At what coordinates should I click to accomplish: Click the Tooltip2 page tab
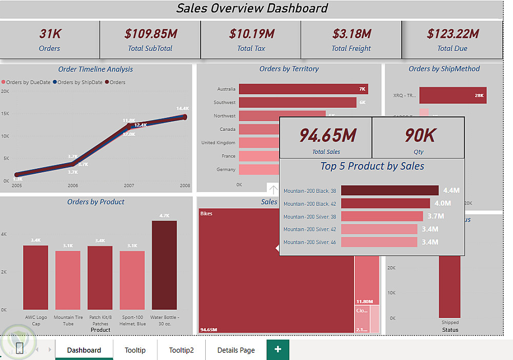[x=181, y=350]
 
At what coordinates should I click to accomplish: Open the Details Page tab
[x=236, y=350]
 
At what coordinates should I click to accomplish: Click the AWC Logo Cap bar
[x=35, y=277]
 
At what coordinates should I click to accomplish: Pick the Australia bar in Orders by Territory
[x=303, y=89]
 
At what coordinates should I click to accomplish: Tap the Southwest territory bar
[x=298, y=103]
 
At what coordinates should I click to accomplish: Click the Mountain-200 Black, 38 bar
[x=389, y=191]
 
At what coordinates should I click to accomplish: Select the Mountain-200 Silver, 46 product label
[x=310, y=242]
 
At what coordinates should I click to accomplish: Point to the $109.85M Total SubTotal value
[x=150, y=34]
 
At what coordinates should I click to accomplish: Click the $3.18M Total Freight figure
[x=351, y=34]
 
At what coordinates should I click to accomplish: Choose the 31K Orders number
[x=50, y=34]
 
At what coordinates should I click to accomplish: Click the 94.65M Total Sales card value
[x=327, y=135]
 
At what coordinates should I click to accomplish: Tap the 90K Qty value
[x=420, y=135]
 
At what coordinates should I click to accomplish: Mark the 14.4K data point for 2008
[x=185, y=117]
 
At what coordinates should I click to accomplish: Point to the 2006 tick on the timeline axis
[x=73, y=186]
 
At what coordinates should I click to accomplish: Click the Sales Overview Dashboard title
[x=252, y=8]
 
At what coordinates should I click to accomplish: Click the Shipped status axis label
[x=450, y=323]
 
